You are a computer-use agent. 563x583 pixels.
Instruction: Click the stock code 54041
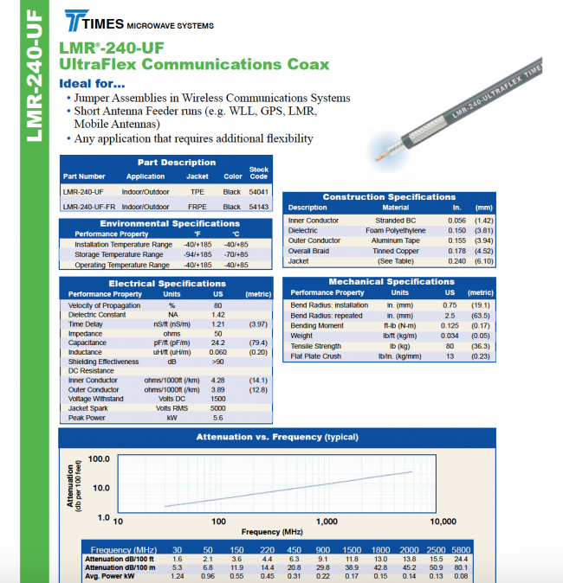(258, 191)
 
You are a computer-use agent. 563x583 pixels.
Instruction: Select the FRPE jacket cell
(197, 207)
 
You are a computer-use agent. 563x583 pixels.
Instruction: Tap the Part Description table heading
(177, 163)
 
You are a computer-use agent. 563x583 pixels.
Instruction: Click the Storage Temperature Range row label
(119, 255)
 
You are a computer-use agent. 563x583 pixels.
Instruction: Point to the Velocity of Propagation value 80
(218, 305)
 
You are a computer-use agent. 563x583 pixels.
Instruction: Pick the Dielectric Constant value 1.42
(218, 315)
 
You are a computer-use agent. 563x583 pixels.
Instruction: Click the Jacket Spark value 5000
(217, 408)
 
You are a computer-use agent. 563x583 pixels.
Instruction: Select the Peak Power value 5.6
(217, 418)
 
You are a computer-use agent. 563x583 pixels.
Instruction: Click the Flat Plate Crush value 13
(450, 356)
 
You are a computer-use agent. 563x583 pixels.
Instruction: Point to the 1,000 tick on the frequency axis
(327, 522)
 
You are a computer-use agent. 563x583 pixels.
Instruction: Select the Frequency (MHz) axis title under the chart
(273, 532)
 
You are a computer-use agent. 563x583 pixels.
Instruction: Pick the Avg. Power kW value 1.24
(178, 575)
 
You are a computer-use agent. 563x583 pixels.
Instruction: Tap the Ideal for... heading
(92, 84)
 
